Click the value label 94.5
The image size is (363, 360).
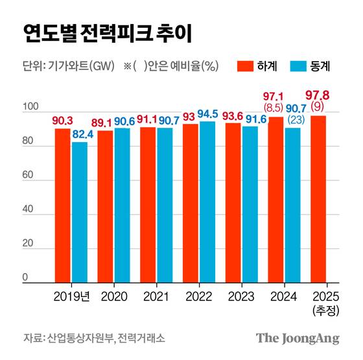[x=208, y=114]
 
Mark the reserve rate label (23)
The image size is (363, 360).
[x=294, y=119]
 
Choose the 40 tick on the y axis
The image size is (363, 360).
[x=29, y=209]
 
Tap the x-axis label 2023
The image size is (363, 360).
[x=242, y=295]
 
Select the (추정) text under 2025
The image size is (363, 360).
[x=325, y=309]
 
